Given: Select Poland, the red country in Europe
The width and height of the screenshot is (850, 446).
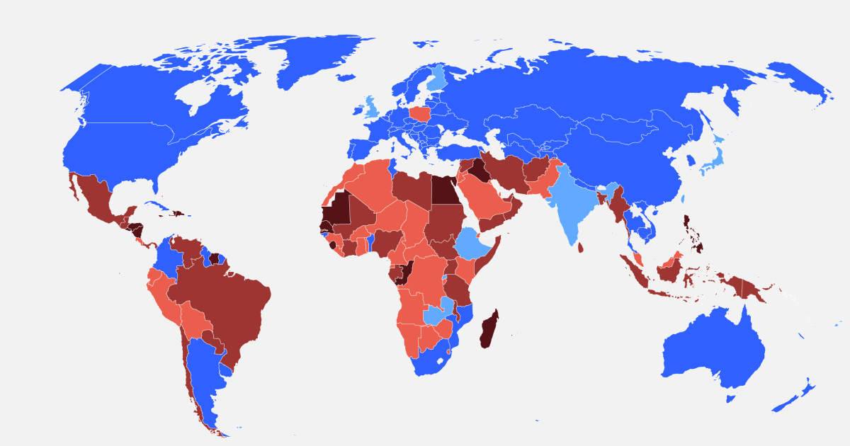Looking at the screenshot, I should pyautogui.click(x=420, y=114).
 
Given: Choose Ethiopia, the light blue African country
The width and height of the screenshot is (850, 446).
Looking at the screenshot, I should pyautogui.click(x=473, y=244).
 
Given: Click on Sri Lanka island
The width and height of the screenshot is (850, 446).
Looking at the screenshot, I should pyautogui.click(x=580, y=248).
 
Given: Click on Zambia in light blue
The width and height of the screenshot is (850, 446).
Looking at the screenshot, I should pyautogui.click(x=433, y=316).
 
